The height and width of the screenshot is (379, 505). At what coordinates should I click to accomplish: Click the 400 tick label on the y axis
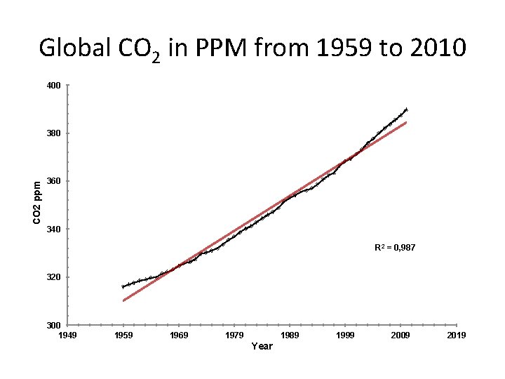(54, 86)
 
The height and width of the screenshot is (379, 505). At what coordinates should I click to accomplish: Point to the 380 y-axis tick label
(54, 133)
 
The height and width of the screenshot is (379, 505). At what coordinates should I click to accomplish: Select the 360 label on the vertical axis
(54, 181)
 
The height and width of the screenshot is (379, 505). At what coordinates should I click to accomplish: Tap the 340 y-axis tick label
(54, 230)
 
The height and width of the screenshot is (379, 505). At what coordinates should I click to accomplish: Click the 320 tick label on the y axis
(54, 277)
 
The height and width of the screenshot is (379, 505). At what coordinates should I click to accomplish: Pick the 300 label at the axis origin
(54, 325)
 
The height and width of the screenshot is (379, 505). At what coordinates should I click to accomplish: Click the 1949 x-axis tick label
(68, 335)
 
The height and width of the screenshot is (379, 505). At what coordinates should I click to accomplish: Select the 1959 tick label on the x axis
(123, 335)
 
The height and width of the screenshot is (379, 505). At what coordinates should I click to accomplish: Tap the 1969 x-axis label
(179, 335)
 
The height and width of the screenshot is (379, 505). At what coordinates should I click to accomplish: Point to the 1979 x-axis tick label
(234, 335)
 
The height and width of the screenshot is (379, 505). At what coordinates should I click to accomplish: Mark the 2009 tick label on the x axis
(400, 335)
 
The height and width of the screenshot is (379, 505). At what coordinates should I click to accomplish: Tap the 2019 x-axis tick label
(456, 335)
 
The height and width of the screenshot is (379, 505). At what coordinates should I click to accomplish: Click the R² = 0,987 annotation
(396, 247)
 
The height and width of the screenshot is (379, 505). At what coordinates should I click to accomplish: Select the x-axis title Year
(262, 346)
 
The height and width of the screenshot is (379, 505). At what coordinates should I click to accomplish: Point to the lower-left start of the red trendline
(123, 300)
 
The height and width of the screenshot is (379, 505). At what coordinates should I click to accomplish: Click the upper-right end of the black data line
(407, 109)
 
